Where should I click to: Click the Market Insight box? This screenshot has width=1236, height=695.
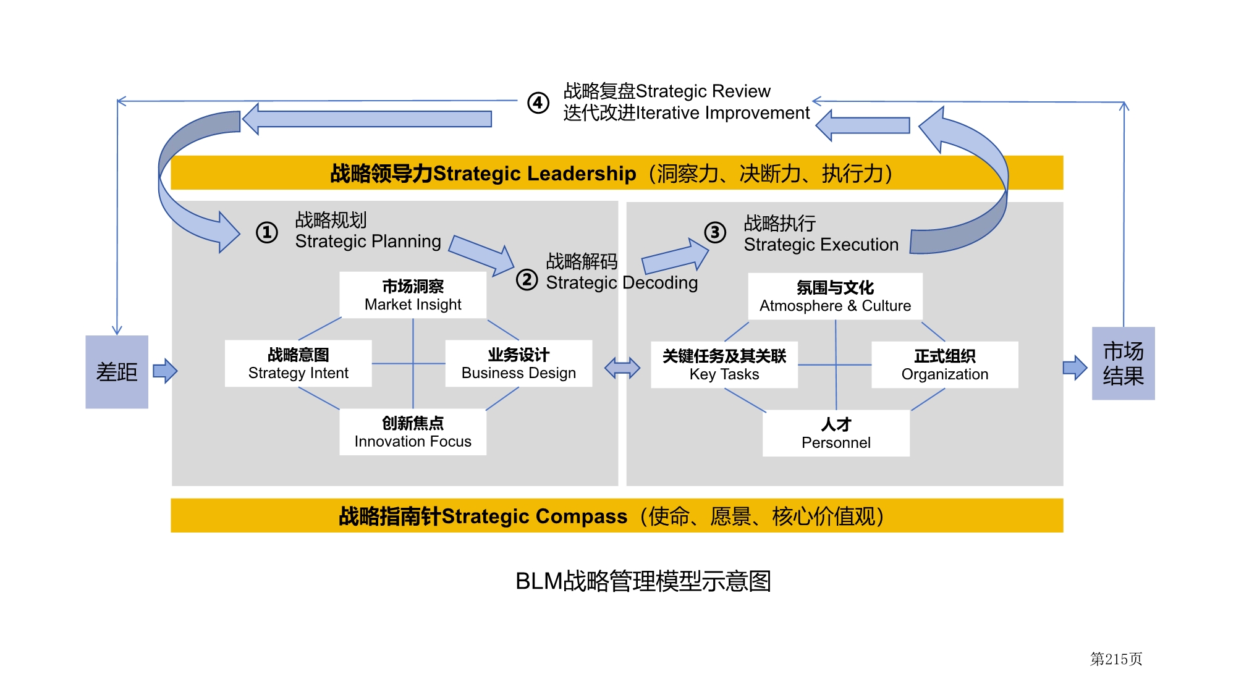point(413,295)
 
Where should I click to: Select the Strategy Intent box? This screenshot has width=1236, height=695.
point(298,364)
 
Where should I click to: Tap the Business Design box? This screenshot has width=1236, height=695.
point(519,364)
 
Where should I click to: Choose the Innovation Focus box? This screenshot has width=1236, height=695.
point(413,432)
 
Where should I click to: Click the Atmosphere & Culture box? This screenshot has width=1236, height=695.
point(835,297)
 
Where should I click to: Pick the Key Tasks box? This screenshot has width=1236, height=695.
point(724,365)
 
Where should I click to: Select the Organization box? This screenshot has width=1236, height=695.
point(944,365)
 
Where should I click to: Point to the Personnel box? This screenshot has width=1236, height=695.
point(836,434)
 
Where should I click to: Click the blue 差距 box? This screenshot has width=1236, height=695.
point(117,372)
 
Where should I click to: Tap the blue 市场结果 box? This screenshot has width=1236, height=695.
point(1123,363)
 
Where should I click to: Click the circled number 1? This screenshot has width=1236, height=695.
point(267,233)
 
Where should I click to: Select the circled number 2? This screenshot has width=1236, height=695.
point(527,279)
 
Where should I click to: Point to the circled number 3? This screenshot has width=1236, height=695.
point(715,232)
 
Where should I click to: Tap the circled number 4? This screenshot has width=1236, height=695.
point(538,103)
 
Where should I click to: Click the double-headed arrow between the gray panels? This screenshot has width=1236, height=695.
point(622,368)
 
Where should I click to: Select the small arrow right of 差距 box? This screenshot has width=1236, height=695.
point(165,371)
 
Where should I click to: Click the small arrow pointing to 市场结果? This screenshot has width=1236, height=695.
point(1075,368)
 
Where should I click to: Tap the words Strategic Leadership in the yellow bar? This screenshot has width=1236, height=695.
point(535,174)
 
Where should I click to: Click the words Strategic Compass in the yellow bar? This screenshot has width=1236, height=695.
point(535,516)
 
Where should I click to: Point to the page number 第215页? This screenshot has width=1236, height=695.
point(1115,659)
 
